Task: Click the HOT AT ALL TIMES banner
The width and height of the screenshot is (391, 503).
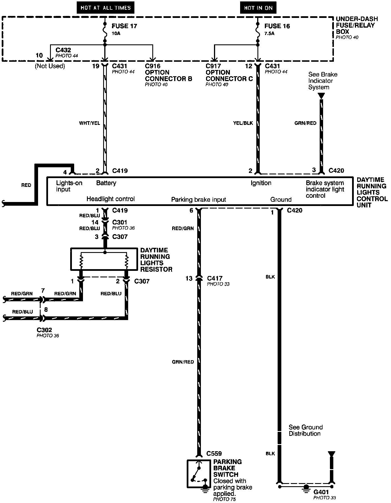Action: point(105,8)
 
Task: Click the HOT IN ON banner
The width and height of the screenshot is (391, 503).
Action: point(258,8)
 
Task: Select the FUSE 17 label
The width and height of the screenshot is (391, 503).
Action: point(124,26)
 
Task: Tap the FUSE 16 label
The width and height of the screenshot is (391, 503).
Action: point(277,26)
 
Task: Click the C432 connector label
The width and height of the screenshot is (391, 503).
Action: point(63,50)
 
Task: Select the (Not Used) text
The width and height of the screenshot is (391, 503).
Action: point(50,66)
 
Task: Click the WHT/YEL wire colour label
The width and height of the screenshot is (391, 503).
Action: point(90,123)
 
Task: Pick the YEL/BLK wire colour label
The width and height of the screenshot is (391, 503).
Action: point(243,123)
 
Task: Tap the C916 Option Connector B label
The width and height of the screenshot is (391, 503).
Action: point(168,73)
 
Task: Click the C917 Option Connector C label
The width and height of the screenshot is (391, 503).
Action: point(229,73)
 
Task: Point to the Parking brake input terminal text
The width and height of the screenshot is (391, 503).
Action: point(198,200)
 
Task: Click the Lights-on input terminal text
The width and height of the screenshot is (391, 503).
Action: point(69,186)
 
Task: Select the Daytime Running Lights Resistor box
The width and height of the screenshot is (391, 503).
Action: point(104,259)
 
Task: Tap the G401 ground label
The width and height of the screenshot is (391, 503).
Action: point(321,492)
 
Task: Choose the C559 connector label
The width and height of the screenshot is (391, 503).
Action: point(214,453)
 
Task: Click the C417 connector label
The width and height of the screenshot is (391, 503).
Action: point(215,278)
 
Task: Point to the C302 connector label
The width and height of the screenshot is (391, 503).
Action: point(44,330)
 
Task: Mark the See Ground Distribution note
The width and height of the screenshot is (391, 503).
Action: point(305,430)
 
